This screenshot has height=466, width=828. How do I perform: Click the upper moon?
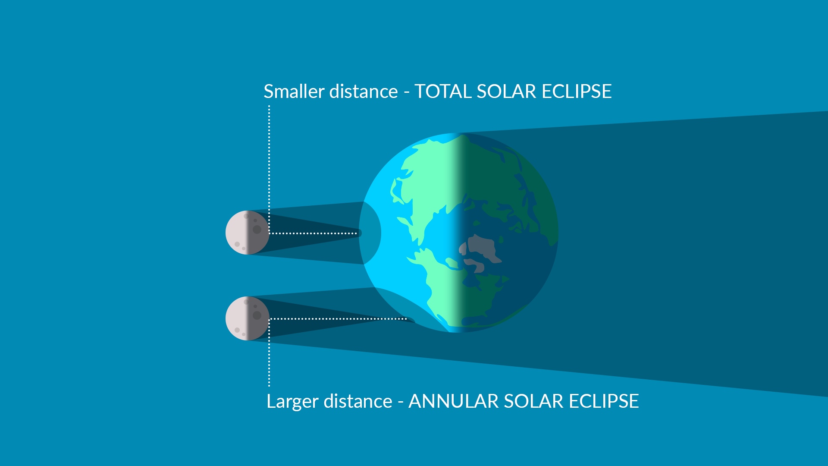pos(248,233)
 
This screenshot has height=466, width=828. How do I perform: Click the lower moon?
pos(248,318)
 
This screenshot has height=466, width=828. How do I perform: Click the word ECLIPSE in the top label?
pos(577,91)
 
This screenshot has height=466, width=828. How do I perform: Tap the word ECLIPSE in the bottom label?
pos(604,401)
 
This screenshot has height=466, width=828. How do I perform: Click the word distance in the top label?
pos(364,91)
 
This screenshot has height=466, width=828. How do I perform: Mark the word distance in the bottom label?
pos(358,401)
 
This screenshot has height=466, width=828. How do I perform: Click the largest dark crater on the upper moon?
pos(257,230)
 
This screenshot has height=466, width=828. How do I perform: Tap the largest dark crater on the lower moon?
pos(257,315)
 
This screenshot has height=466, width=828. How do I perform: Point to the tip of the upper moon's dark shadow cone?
pos(361,233)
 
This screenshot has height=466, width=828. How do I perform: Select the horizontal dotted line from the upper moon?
pos(313,233)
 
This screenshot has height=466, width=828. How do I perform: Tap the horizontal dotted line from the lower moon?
pos(338,319)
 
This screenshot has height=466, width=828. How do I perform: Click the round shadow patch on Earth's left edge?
pos(370,233)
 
